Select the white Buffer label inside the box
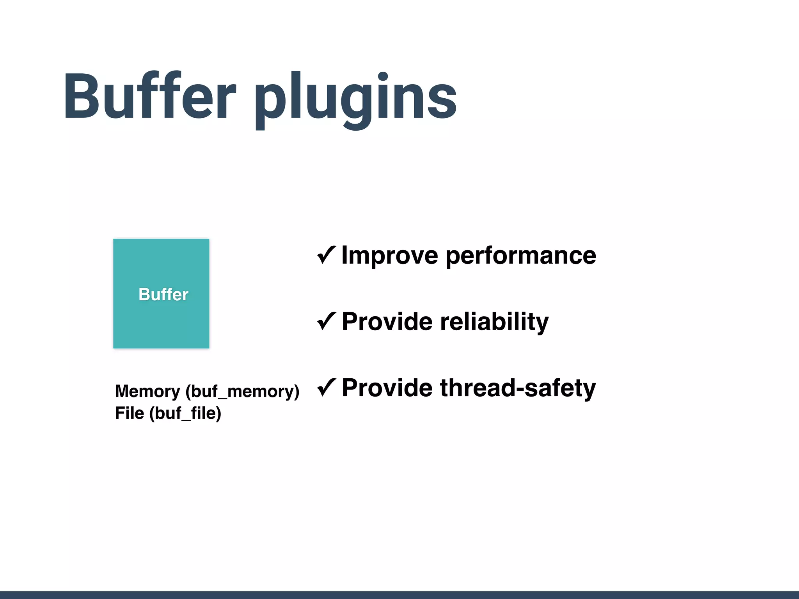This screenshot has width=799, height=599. point(163,294)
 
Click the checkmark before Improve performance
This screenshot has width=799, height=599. point(326,255)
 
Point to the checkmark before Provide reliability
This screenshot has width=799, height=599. point(326,321)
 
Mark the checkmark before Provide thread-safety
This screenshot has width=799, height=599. point(326,388)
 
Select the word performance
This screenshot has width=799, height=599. point(520,256)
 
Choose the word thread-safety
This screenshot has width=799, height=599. point(518,388)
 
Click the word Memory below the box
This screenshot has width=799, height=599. point(147,392)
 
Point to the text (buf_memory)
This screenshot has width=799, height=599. point(242,392)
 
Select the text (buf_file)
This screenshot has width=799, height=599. point(185,413)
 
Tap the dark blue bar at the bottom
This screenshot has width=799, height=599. point(399,595)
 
